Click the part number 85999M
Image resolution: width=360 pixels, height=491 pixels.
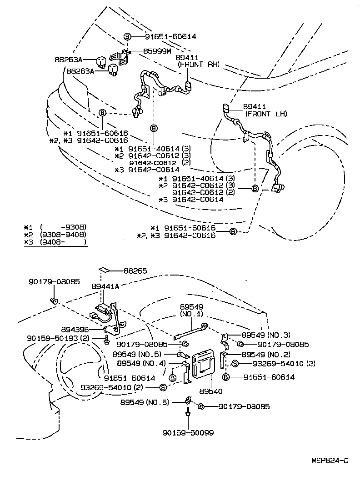tap(145, 52)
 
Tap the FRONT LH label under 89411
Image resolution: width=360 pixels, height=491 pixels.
tap(266, 114)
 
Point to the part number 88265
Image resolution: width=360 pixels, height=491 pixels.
tap(135, 271)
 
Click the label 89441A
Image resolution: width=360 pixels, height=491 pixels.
tap(105, 286)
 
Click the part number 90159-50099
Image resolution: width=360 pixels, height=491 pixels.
tap(188, 433)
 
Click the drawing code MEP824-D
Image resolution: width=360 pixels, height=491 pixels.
tap(330, 461)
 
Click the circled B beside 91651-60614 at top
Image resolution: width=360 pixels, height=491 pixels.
tap(127, 36)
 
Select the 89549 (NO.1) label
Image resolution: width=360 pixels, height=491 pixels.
tap(191, 311)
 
